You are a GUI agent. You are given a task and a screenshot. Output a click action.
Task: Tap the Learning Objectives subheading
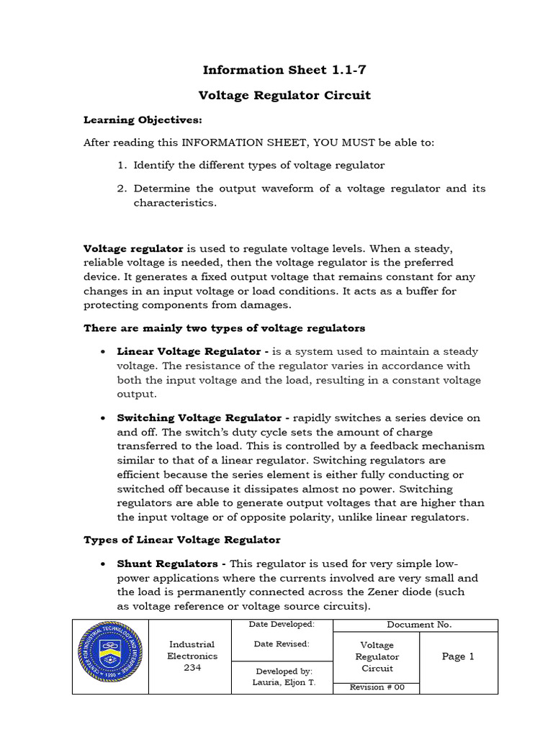click(x=143, y=119)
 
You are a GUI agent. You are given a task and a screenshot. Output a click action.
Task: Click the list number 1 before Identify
click(x=122, y=166)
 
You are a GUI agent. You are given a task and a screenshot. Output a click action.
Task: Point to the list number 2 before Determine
click(x=122, y=189)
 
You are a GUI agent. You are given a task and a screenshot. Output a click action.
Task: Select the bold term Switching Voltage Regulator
click(x=199, y=417)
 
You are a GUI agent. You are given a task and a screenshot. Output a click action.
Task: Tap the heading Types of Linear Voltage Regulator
click(x=182, y=539)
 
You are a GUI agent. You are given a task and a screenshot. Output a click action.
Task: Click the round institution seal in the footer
click(x=110, y=656)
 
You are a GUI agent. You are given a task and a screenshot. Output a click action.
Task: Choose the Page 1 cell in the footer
click(x=458, y=656)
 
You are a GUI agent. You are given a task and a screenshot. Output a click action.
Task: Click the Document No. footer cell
click(x=415, y=625)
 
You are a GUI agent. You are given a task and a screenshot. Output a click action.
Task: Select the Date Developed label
click(x=282, y=624)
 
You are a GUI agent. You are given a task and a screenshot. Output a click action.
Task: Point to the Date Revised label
click(x=282, y=644)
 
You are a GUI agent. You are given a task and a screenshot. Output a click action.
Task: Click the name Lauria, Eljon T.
click(x=282, y=682)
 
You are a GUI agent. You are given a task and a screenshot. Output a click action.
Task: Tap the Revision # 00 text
click(x=377, y=687)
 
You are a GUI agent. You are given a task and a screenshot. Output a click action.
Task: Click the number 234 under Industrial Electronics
click(x=192, y=668)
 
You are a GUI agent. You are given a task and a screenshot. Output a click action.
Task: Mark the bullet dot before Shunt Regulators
click(x=103, y=564)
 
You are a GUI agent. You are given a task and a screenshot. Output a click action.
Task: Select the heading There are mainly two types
click(x=225, y=328)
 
